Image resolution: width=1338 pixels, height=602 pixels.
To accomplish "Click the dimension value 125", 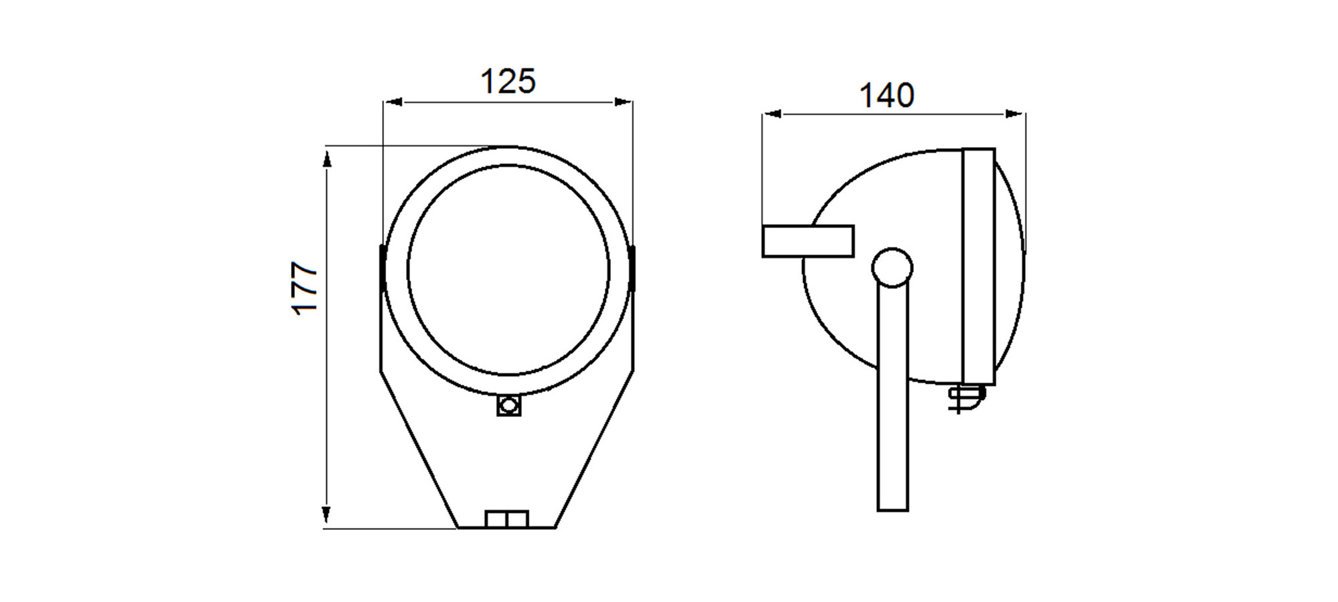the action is click(508, 82).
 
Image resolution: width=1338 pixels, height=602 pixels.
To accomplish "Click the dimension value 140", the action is click(886, 96).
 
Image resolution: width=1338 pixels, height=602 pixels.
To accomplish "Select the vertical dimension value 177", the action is click(305, 288).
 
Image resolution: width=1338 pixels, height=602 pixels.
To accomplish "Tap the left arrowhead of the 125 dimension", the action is click(393, 102).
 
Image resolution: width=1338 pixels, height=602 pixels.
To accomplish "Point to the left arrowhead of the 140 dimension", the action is click(772, 114).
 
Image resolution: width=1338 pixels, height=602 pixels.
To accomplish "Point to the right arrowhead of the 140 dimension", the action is click(1016, 114).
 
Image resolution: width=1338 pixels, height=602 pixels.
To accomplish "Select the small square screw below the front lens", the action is click(509, 405).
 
